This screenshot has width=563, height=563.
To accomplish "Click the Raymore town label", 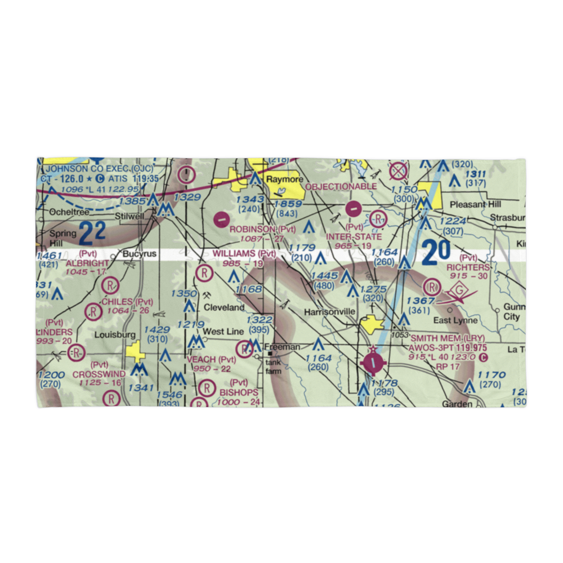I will pos(281,179).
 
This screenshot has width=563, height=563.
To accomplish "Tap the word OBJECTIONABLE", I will pos(341,186).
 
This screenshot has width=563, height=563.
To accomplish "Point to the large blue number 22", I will pos(93,233).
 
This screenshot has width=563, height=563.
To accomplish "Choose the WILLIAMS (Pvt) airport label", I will pos(244,254).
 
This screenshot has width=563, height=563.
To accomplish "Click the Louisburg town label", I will pos(115,334).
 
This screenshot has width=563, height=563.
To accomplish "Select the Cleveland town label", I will pos(224,307).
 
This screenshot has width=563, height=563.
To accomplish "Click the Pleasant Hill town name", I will pos(471,204).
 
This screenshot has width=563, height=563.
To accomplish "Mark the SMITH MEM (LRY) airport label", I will pos(447,338).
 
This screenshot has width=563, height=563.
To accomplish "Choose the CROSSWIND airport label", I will pos(99,374).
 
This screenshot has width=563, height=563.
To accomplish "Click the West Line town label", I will pos(223,332).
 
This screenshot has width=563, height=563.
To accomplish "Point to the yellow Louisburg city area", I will pos(136,353).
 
